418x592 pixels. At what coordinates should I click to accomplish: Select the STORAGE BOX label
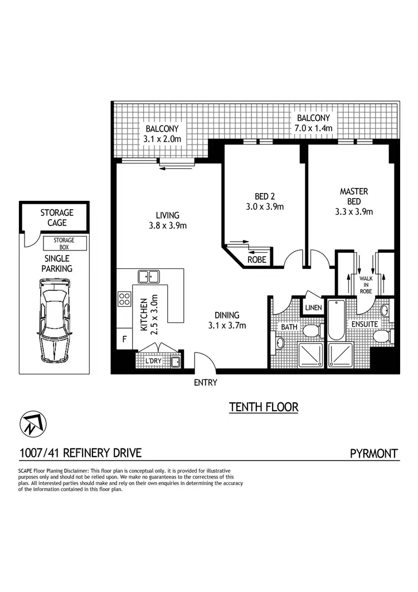tap(64, 243)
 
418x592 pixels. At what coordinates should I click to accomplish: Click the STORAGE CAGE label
tap(56, 218)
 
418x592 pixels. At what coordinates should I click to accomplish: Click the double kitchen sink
tap(149, 276)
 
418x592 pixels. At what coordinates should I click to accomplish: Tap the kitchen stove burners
tap(123, 299)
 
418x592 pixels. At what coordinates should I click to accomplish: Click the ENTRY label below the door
tap(205, 383)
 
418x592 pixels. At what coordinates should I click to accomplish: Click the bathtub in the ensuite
tap(337, 320)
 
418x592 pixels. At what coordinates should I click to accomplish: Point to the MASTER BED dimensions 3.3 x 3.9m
tap(354, 211)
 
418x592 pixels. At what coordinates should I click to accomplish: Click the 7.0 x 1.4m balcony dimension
tap(313, 128)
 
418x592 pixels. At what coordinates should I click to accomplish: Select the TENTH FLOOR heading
tap(264, 407)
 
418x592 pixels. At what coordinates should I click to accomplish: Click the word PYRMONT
tap(373, 453)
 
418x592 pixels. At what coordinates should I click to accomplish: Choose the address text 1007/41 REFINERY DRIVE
tap(80, 453)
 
